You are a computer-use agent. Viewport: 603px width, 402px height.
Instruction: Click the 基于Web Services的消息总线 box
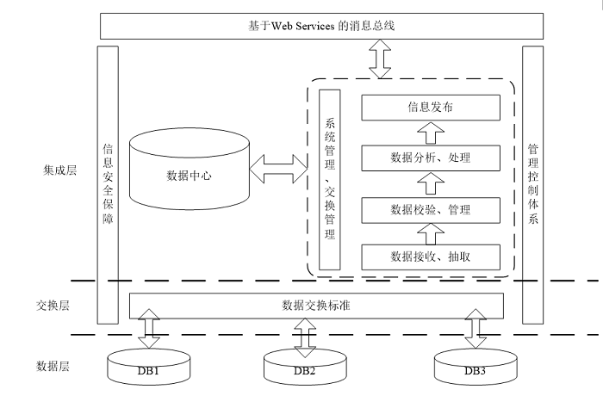click(324, 26)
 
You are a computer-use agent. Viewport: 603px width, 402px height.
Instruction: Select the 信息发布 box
click(430, 108)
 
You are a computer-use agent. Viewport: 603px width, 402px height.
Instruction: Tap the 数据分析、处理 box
click(430, 158)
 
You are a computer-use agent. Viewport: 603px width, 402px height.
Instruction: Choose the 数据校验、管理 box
click(430, 208)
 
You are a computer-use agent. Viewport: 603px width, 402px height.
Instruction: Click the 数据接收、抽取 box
click(430, 256)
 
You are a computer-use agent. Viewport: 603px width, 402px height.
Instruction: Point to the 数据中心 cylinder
click(189, 172)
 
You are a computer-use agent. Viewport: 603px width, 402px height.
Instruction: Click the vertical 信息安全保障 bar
click(108, 182)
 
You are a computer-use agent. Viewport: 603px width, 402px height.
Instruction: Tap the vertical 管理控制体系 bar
click(532, 182)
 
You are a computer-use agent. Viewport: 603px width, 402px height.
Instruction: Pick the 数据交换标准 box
click(316, 305)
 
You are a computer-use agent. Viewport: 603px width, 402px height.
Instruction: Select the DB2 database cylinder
click(304, 369)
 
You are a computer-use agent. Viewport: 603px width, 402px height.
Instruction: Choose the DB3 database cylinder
click(476, 368)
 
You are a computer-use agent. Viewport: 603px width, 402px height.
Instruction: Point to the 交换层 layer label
click(53, 306)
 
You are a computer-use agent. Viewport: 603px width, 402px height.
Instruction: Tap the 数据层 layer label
click(53, 366)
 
